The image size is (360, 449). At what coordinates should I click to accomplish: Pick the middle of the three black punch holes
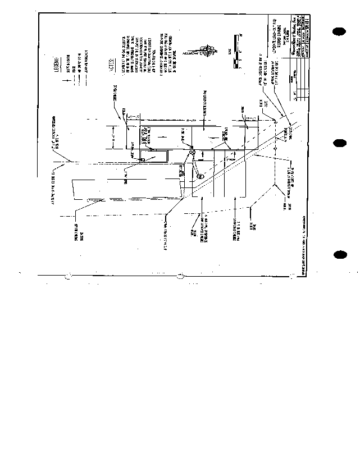pyautogui.click(x=339, y=143)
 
